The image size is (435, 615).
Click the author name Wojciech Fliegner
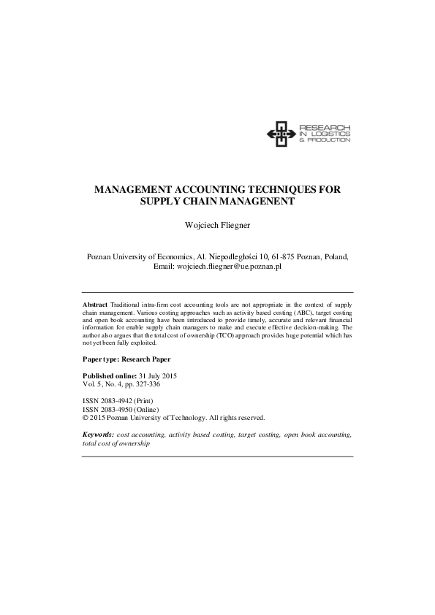(x=217, y=226)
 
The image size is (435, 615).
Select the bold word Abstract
(x=95, y=303)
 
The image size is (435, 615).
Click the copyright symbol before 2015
(x=86, y=418)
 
